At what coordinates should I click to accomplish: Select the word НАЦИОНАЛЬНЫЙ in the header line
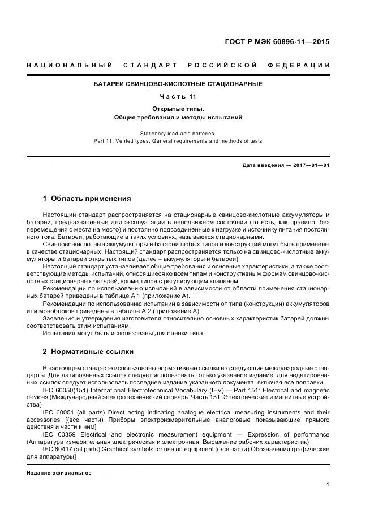point(68,65)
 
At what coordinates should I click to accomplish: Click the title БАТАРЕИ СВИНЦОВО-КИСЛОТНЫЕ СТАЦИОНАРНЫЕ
point(178,84)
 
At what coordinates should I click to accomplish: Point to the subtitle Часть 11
point(178,96)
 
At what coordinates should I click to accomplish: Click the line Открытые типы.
point(178,108)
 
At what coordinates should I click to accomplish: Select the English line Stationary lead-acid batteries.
point(178,133)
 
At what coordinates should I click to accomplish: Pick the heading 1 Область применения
point(87,199)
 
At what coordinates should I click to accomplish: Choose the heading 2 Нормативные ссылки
point(88,352)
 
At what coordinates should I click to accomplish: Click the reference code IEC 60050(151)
point(67,391)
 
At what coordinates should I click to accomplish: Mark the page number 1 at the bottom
point(328,484)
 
